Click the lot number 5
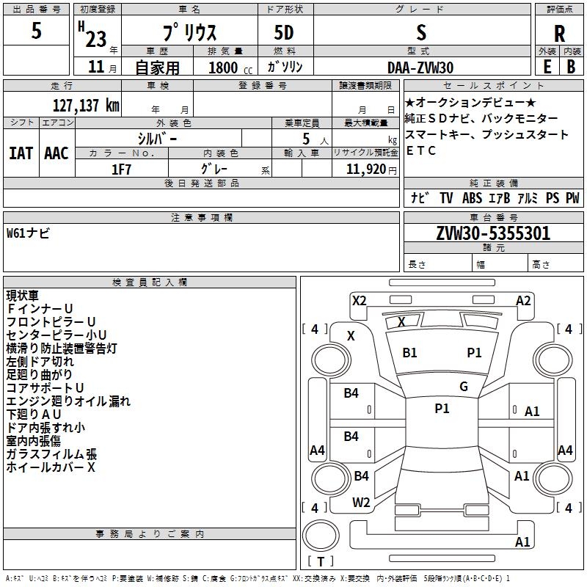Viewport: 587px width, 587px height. tap(37, 32)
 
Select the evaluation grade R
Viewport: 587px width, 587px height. tap(559, 33)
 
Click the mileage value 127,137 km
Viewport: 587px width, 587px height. tap(86, 105)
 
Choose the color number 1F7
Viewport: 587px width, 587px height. tap(121, 168)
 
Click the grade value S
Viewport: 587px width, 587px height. tap(421, 32)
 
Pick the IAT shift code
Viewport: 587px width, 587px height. tap(21, 153)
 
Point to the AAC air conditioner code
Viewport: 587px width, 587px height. tap(56, 153)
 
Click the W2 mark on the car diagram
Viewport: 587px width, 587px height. tap(361, 503)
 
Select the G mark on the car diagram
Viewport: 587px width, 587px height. tap(464, 387)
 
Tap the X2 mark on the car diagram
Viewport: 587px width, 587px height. tap(359, 300)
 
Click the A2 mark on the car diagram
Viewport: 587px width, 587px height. tap(523, 300)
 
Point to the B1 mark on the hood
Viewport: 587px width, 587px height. tap(409, 353)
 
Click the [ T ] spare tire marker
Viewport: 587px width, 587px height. tap(321, 562)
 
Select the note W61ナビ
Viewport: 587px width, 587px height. tap(28, 233)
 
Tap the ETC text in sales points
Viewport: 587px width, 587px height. tap(421, 150)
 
